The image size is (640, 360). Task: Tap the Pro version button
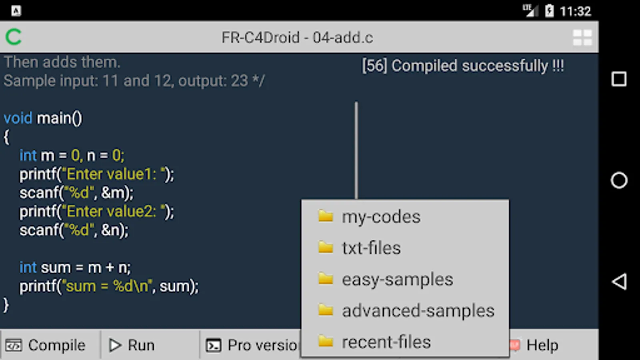tap(252, 345)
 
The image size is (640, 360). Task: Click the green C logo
tap(14, 37)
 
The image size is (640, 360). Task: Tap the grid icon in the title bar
tap(582, 38)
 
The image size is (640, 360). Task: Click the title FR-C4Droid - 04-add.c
tap(297, 38)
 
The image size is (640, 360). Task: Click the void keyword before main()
tap(18, 118)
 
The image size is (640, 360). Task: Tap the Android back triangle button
tap(619, 282)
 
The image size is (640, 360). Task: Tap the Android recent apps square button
tap(619, 79)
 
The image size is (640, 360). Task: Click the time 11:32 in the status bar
tap(575, 11)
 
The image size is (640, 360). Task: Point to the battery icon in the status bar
tap(549, 11)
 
